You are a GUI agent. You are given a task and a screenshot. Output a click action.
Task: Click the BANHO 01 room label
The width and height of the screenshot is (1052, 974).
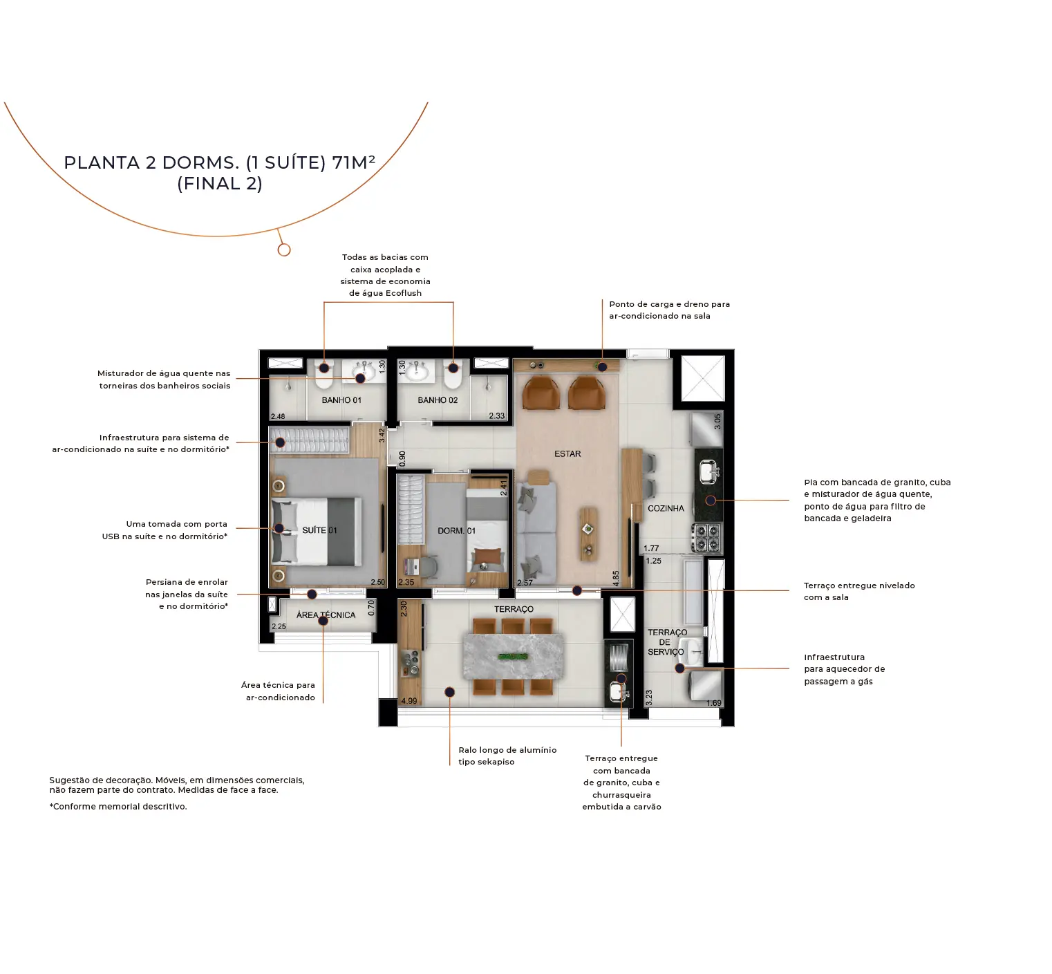(341, 400)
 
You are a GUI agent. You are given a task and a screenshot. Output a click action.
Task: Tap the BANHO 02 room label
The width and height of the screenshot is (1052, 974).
(438, 400)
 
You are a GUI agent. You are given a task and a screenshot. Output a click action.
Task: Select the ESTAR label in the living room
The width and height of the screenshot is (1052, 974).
(567, 454)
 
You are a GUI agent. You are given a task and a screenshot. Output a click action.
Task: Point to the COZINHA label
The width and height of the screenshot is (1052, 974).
(666, 508)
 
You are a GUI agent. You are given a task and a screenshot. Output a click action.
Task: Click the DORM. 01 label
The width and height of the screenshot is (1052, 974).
(456, 531)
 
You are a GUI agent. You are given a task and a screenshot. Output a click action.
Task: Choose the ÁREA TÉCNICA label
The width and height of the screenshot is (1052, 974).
(326, 615)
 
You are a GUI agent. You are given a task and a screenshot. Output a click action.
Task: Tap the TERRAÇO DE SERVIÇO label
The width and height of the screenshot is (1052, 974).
(666, 642)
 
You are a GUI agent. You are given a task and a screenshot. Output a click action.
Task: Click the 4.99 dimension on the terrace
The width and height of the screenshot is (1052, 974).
(409, 701)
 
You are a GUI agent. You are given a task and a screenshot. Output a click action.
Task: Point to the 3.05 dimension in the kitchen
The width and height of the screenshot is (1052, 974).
(717, 422)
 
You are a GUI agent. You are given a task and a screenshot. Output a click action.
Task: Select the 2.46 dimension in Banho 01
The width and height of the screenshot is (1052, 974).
(278, 416)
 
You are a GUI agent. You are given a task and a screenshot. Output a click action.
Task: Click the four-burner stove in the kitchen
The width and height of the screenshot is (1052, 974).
(707, 538)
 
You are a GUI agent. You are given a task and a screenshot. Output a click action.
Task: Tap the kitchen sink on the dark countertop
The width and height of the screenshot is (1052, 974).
(708, 471)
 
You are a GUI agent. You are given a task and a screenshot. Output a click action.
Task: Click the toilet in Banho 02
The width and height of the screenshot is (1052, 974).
(453, 375)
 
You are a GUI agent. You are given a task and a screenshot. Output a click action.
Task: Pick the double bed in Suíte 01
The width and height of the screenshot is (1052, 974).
(317, 530)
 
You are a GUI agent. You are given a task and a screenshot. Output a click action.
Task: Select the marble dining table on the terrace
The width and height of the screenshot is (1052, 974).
(514, 655)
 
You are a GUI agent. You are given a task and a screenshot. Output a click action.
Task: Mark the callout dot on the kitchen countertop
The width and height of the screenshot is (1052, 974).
(711, 500)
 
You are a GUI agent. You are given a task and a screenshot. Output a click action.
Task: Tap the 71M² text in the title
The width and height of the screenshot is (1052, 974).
(353, 162)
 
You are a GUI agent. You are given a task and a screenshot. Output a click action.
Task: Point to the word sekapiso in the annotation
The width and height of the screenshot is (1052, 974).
(496, 762)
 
